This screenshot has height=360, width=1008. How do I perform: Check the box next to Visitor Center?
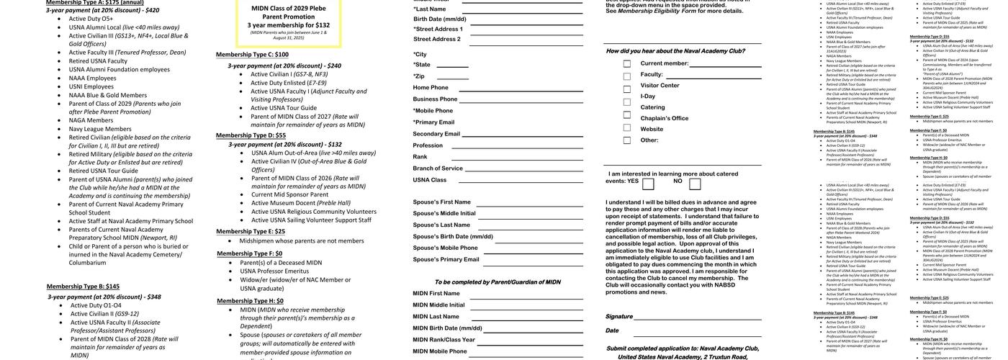point(627,86)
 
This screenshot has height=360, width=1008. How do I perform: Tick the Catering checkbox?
point(627,107)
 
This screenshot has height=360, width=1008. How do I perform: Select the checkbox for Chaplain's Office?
point(627,118)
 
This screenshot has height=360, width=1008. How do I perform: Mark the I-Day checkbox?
point(627,96)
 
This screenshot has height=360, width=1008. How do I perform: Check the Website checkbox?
point(627,129)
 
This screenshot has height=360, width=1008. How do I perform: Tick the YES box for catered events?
point(649,184)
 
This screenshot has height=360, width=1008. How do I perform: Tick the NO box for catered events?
point(695,184)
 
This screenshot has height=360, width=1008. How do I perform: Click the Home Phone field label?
point(431,88)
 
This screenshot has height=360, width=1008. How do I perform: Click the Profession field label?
point(428,145)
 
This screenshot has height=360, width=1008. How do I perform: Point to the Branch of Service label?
point(438,168)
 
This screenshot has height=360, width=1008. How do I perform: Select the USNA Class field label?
point(430,180)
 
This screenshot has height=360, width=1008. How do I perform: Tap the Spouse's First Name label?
point(441,202)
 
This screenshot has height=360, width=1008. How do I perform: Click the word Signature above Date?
point(618,317)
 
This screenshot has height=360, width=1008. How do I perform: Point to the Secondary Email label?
point(436,134)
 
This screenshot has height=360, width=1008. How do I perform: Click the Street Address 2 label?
point(436,39)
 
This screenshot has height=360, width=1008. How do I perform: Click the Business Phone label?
point(435,99)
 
